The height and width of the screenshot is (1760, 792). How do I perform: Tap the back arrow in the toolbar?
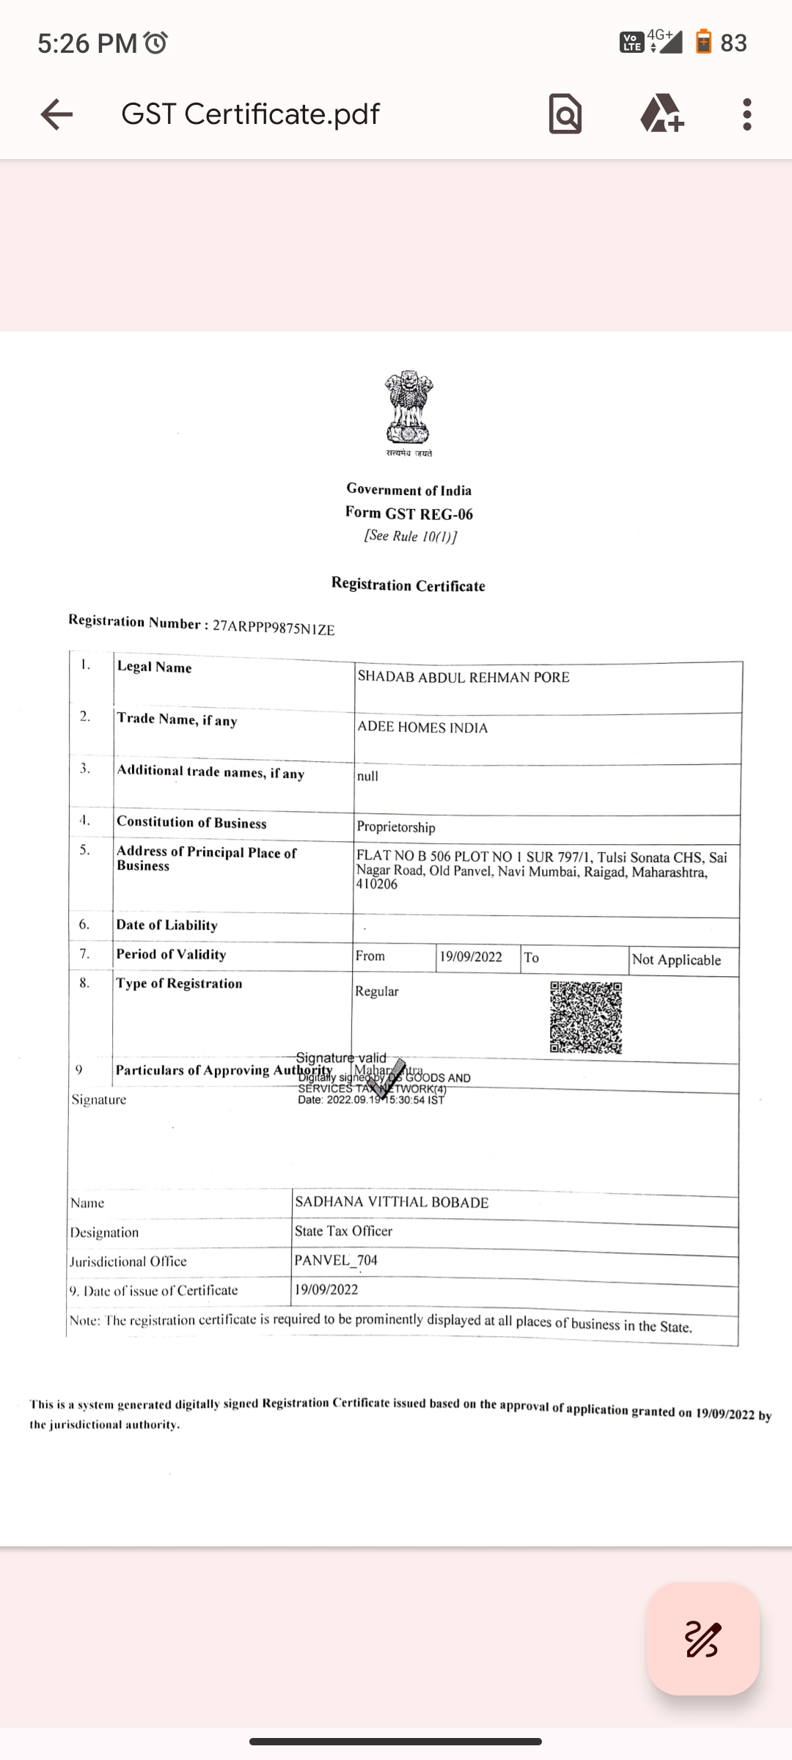tap(56, 114)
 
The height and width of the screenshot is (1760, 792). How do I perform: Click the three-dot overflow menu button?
tap(747, 114)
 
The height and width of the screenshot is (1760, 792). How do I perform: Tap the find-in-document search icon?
tap(565, 114)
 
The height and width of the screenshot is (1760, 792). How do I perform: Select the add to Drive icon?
tap(661, 114)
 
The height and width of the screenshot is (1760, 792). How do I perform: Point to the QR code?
tap(586, 1018)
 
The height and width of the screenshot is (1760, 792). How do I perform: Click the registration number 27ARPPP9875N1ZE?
tap(274, 628)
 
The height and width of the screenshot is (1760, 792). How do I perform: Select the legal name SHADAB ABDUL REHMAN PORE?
tap(463, 677)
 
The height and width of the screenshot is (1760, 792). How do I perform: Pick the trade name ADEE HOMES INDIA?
tap(422, 727)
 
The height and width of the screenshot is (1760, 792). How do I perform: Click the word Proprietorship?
tap(396, 827)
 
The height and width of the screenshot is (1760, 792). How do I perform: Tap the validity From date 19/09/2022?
tap(471, 957)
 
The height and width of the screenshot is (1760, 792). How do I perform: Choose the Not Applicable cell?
tap(676, 960)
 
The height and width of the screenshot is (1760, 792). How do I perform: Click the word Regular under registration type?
tap(377, 991)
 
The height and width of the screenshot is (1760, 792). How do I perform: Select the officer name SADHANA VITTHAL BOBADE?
tap(392, 1202)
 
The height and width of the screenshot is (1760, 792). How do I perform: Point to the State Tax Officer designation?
tap(343, 1231)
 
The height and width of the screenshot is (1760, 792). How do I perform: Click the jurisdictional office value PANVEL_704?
tap(336, 1261)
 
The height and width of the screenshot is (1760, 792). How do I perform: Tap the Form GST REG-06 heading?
tap(409, 513)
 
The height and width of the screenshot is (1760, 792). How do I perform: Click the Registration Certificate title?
tap(408, 585)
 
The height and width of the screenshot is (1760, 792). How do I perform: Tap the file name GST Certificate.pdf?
tap(250, 114)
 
